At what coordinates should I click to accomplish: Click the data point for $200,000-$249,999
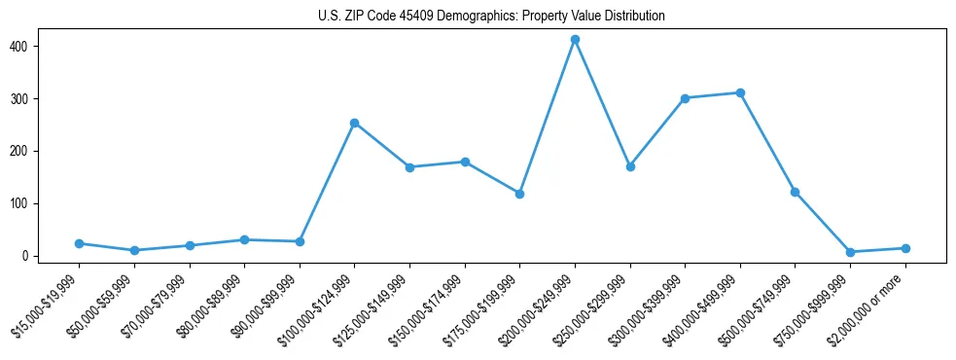click(x=575, y=40)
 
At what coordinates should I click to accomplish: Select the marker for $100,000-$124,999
click(x=355, y=124)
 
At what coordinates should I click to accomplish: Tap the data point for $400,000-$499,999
click(x=740, y=93)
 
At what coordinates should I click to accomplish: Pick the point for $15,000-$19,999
click(x=79, y=243)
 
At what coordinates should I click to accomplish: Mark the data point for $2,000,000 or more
click(x=905, y=248)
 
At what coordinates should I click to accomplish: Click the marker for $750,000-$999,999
click(x=850, y=252)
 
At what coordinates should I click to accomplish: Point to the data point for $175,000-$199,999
click(x=519, y=194)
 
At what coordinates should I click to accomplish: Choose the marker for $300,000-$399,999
click(x=685, y=98)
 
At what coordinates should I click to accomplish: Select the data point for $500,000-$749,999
click(x=796, y=193)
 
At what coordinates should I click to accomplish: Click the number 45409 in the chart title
click(x=413, y=17)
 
